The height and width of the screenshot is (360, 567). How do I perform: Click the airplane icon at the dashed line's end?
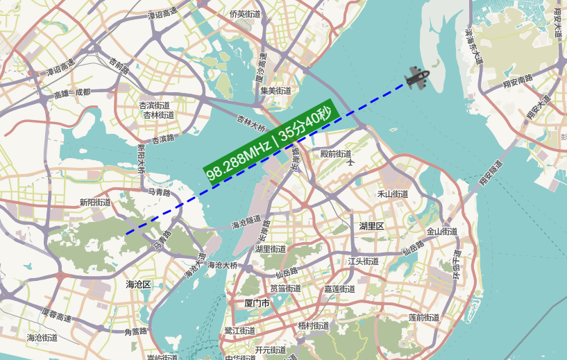point(417,77)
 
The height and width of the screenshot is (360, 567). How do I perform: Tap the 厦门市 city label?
point(257,303)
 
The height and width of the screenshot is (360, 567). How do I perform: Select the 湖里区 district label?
point(372,226)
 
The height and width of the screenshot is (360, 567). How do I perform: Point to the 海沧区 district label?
point(138,284)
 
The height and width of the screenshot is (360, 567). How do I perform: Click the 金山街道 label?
point(442,232)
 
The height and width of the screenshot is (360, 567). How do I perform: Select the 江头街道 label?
point(363,262)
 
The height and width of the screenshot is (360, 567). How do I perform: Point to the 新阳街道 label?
point(95,203)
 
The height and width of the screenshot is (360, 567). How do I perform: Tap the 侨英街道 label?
point(246,14)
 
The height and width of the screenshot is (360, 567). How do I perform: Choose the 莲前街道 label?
point(425,318)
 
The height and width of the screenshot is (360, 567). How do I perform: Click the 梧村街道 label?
point(314,325)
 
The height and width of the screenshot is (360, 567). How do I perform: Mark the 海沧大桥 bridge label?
point(223,265)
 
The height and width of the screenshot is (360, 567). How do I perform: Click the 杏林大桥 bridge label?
point(251,123)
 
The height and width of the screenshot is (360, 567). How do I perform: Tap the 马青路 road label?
point(160,191)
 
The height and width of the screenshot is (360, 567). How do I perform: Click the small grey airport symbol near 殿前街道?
point(350,162)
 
